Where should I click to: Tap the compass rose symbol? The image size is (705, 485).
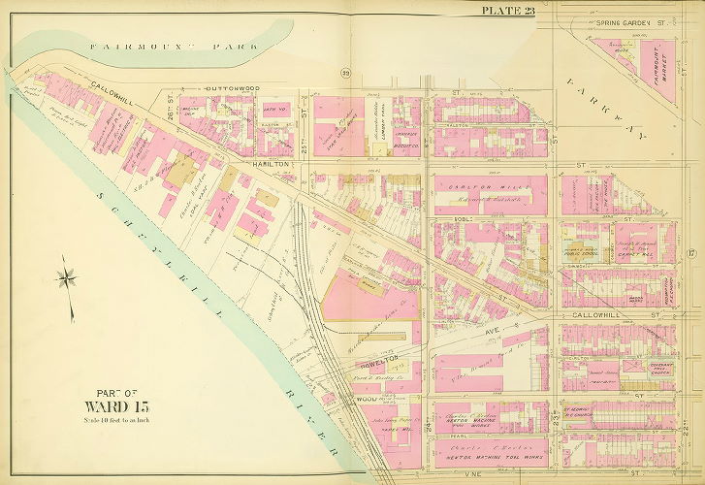pos(67,277)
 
